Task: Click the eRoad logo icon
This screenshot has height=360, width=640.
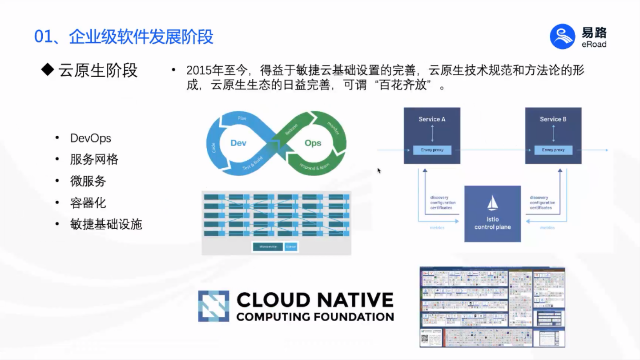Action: (563, 36)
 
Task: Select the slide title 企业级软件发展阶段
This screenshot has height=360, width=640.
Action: (141, 37)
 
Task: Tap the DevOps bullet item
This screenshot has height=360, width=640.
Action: (90, 138)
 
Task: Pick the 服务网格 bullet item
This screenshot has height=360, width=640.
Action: (94, 159)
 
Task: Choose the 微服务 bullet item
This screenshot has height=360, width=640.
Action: (88, 181)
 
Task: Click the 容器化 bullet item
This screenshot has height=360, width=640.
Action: (88, 203)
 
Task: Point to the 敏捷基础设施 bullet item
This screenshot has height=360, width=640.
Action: (106, 224)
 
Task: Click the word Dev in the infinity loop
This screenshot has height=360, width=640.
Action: (238, 143)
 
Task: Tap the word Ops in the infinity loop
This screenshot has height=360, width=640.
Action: (313, 143)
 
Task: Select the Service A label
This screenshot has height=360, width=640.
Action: (432, 119)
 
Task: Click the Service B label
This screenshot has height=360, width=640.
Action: (553, 119)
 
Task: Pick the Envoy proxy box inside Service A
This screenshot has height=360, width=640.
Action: (432, 150)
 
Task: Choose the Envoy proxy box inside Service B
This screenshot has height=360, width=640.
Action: (553, 150)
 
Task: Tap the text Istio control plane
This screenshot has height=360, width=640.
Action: (492, 223)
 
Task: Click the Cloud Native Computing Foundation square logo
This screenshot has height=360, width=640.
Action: (213, 306)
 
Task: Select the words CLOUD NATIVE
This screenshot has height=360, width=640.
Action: (315, 300)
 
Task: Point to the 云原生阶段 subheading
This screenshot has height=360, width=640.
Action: (98, 70)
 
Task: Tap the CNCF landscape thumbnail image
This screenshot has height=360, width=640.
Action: (492, 307)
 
